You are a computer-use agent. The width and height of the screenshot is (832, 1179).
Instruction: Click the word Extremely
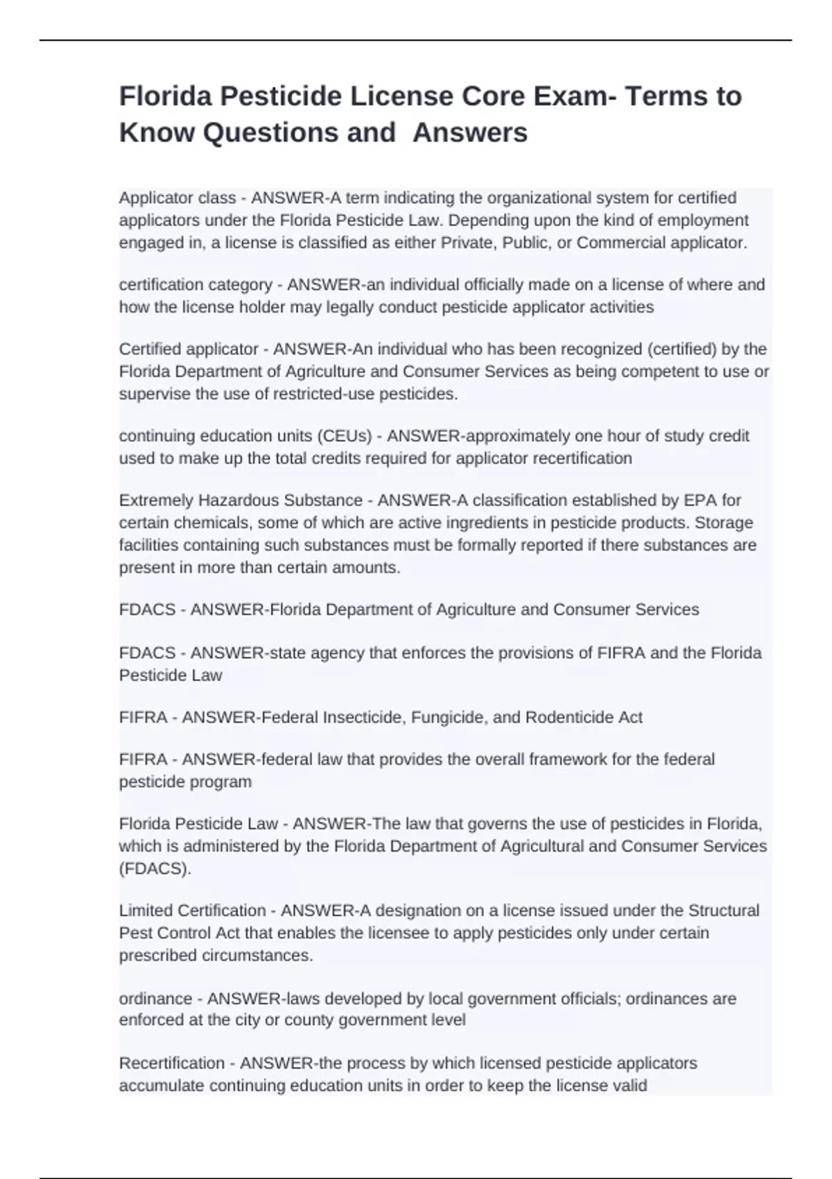156,500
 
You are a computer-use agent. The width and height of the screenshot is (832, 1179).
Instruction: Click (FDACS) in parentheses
155,868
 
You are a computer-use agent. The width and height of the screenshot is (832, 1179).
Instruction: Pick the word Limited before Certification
146,911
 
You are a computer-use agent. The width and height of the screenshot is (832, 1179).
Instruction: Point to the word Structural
723,911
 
